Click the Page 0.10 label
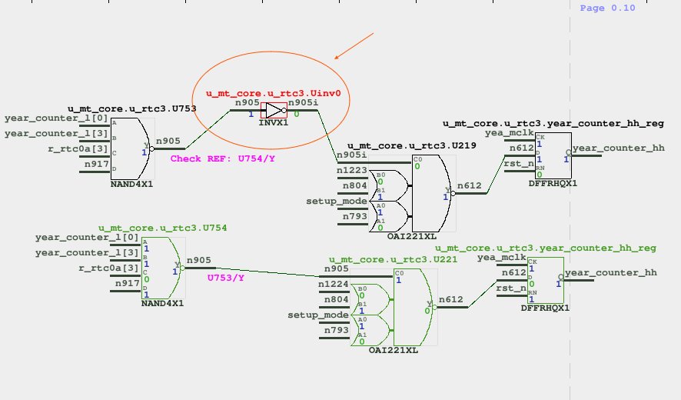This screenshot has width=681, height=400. pos(607,8)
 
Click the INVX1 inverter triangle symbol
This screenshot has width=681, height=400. pos(274,110)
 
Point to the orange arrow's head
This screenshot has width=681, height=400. pos(337,58)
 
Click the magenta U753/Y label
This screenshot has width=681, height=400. pos(226,278)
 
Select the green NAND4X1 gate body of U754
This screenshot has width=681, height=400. pos(161,267)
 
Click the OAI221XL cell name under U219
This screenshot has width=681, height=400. pos(411,236)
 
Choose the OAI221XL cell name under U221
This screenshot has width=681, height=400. pos(393,350)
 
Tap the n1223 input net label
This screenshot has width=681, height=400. pos(351,169)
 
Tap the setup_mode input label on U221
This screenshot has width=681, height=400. pos(317,315)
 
